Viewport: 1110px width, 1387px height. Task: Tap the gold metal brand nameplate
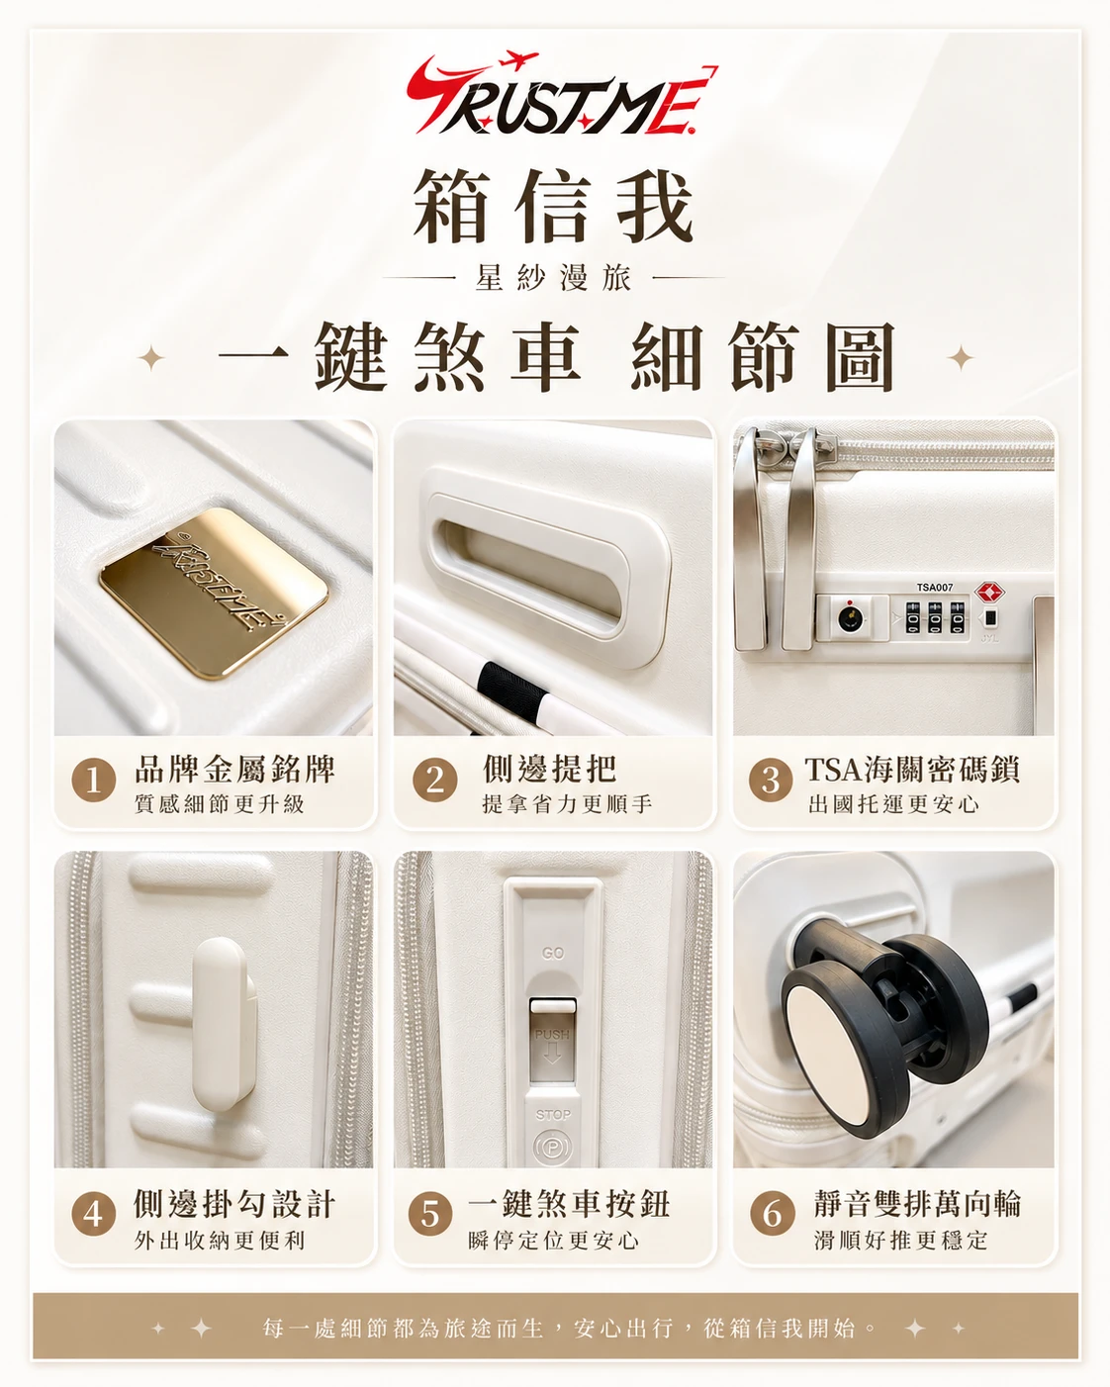pos(214,592)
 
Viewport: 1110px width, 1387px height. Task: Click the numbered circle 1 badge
pos(93,781)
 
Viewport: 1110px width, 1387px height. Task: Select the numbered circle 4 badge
pos(93,1214)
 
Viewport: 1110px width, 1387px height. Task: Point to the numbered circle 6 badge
pos(772,1214)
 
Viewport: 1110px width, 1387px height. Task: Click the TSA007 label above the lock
pos(934,588)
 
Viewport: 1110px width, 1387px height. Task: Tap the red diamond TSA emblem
pos(989,592)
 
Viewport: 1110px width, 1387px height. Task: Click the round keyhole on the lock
pos(850,618)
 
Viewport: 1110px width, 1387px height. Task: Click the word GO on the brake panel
pos(553,954)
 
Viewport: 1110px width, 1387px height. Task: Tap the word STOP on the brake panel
pos(553,1115)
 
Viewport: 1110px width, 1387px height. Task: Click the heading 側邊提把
pos(549,769)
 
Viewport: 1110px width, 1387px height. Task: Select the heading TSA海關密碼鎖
pos(911,770)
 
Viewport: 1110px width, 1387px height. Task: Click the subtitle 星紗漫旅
pos(553,278)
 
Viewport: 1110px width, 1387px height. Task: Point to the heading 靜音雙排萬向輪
pos(917,1204)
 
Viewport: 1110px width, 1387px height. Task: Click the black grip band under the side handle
pos(513,691)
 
